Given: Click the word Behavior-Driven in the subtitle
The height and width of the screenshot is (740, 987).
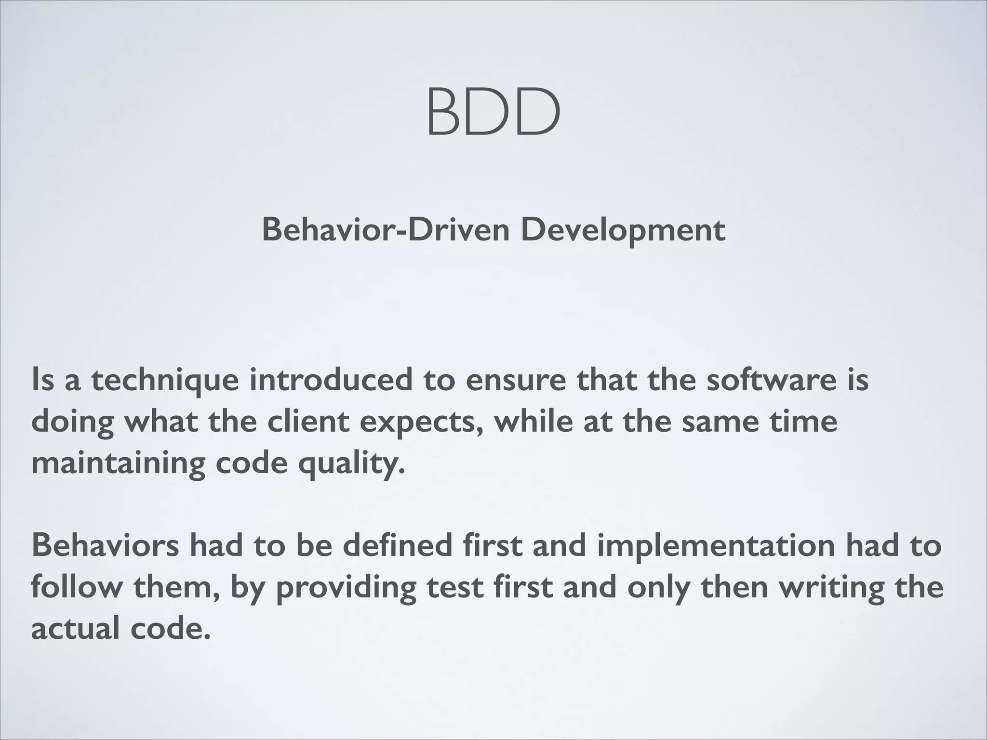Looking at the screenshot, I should tap(386, 230).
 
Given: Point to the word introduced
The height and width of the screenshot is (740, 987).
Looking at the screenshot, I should tap(331, 379).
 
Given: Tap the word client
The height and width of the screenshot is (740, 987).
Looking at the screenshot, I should tap(308, 422).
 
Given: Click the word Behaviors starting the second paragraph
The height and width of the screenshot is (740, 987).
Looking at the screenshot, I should tap(105, 545).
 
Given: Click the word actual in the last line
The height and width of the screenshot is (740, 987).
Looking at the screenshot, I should tap(75, 629).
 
